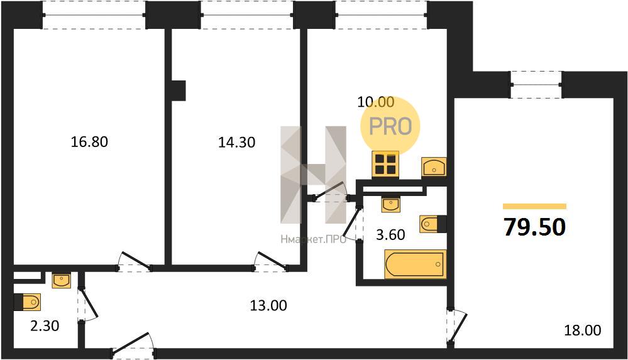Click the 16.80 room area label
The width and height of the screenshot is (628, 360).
[89, 142]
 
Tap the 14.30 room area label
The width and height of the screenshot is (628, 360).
[237, 142]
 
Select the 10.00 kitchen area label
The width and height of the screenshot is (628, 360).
[376, 102]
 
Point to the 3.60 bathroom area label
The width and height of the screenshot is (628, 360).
[390, 234]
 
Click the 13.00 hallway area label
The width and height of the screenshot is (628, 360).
[268, 305]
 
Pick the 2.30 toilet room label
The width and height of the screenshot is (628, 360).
[45, 325]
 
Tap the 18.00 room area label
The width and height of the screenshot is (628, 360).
[582, 330]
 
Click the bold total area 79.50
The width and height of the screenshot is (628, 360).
[535, 227]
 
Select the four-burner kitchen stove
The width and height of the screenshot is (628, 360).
[385, 164]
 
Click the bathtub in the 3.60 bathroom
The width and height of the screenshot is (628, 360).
[416, 264]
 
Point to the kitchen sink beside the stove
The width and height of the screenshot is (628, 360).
[434, 166]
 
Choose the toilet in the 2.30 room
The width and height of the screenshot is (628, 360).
[27, 302]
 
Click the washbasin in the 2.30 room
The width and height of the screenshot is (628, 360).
[61, 281]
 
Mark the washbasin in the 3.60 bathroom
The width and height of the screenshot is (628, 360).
[390, 205]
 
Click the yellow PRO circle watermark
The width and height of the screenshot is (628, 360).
[390, 126]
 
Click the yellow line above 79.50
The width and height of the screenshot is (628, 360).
[535, 206]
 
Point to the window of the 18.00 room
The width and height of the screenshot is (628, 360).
[536, 84]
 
